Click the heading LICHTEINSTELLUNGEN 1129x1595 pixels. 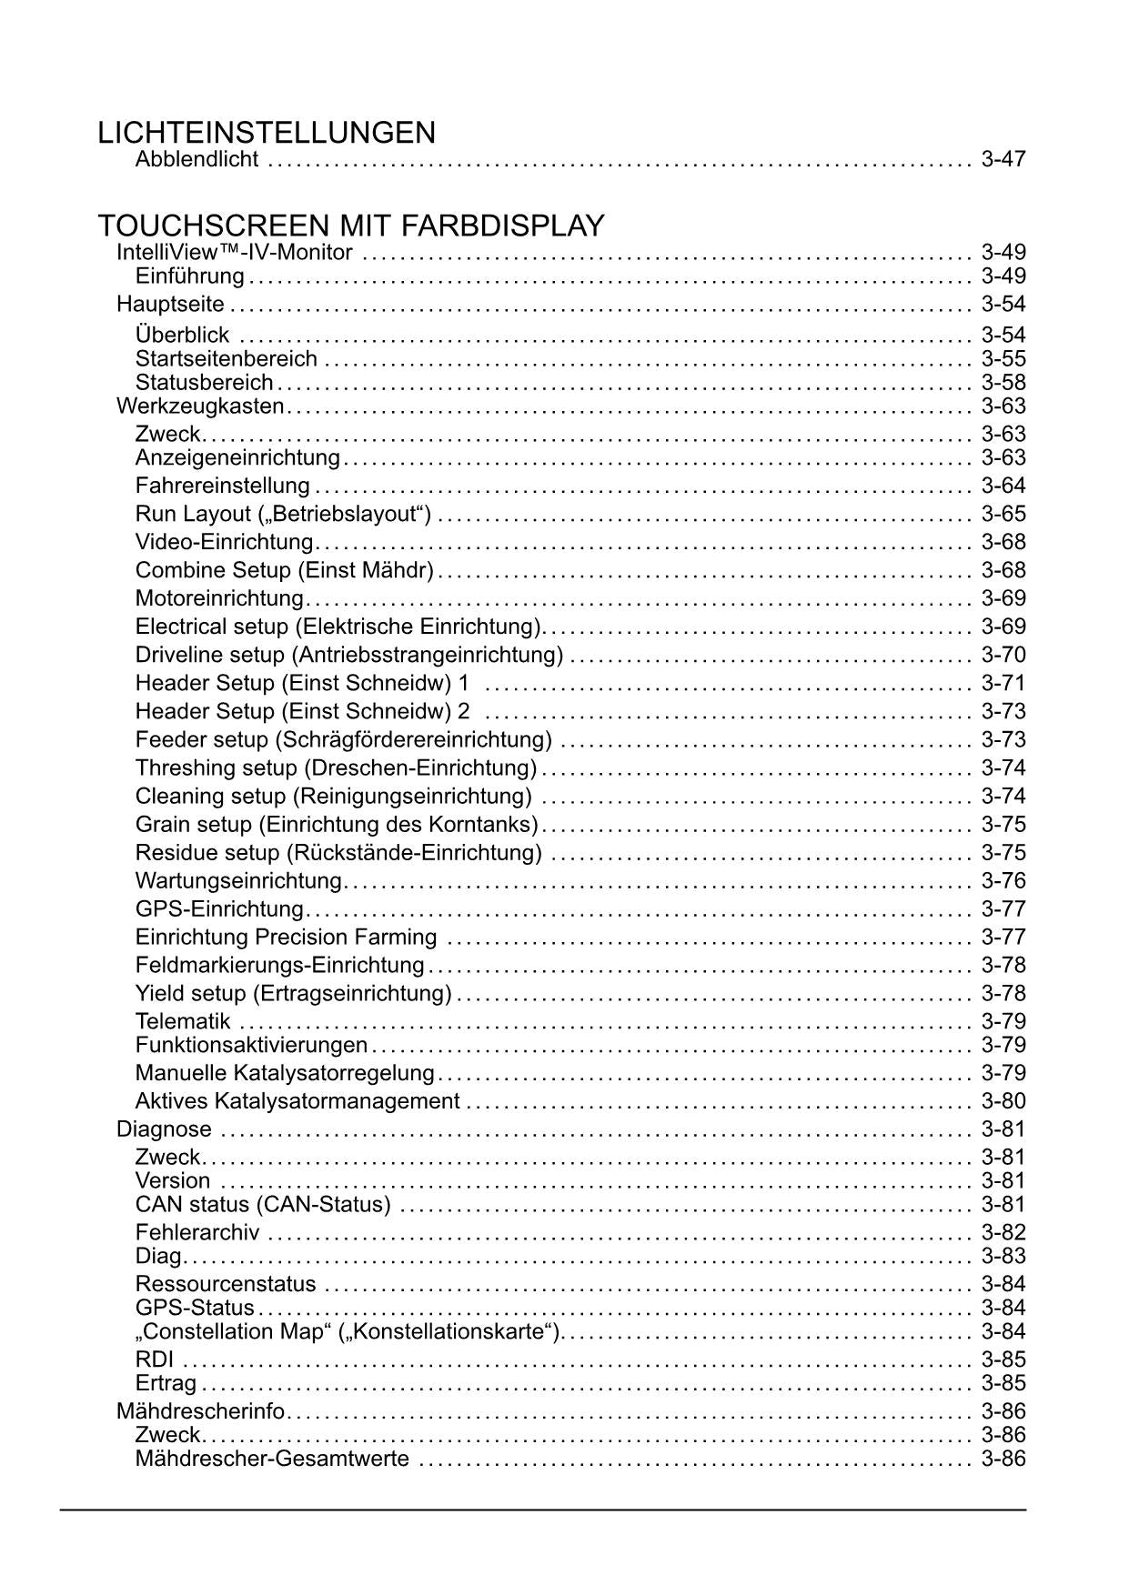(267, 133)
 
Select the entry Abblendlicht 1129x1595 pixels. (197, 160)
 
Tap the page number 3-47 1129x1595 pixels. (1003, 160)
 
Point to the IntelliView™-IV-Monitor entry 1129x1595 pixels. (235, 252)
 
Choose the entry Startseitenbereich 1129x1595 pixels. (227, 359)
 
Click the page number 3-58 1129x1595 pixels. (1003, 383)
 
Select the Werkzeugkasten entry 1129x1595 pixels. (200, 406)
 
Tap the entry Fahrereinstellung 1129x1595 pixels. (223, 486)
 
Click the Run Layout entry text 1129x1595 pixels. (283, 514)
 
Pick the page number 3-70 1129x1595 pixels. (1003, 655)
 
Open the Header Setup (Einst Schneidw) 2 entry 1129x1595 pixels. (303, 711)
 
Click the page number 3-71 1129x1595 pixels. (1003, 683)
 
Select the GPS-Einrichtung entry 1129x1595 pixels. (219, 909)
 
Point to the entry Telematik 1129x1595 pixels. (183, 1021)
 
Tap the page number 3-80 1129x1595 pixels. (1003, 1101)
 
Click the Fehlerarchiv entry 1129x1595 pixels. (197, 1233)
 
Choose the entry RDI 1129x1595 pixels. (155, 1360)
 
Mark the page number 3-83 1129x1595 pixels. (1003, 1257)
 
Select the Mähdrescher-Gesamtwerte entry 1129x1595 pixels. (272, 1460)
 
